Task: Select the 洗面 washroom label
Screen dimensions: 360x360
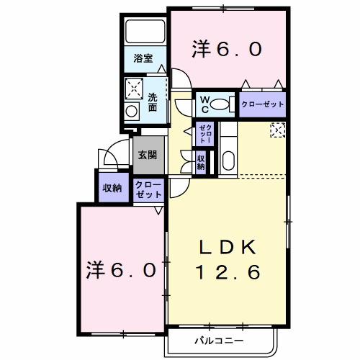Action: [153, 102]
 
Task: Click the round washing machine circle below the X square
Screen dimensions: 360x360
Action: [132, 111]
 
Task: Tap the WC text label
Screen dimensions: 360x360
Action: [204, 103]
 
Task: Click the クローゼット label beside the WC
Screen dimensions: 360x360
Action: [263, 104]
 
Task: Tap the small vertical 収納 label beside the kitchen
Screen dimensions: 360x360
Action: [201, 161]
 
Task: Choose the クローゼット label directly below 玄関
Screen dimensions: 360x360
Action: [149, 190]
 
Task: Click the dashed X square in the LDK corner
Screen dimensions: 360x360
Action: [277, 129]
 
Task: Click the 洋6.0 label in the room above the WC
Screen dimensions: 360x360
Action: [226, 50]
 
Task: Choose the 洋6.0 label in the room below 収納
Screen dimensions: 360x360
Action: [122, 271]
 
